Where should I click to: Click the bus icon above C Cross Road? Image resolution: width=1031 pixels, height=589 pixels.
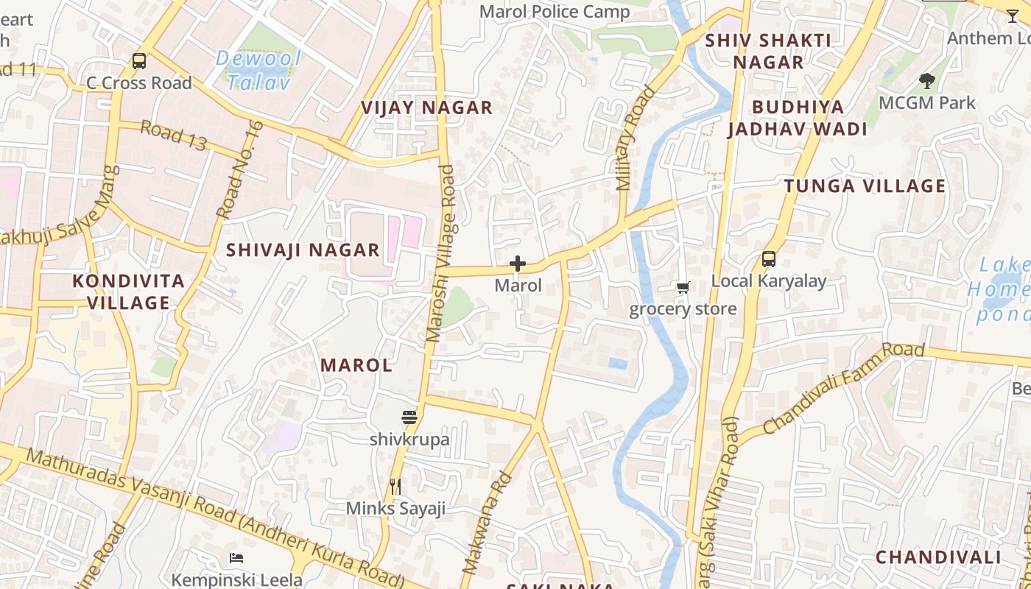point(139,61)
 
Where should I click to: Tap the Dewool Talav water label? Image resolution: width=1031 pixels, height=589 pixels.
point(259,71)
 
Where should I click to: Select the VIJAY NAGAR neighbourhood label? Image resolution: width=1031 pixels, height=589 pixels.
point(426,108)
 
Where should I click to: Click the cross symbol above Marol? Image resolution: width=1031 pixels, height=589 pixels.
point(518,264)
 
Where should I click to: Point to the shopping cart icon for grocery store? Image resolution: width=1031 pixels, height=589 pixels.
point(683,287)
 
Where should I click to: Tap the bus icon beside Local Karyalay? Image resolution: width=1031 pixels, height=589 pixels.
point(769,259)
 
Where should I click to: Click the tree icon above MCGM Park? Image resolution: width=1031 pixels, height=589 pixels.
point(927,81)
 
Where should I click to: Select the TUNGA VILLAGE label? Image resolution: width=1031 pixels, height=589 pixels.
point(865,186)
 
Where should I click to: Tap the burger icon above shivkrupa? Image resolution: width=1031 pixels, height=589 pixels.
point(409,417)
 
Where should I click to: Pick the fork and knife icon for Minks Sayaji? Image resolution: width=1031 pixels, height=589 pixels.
point(395,486)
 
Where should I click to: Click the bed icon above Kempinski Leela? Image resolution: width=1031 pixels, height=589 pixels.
point(236,557)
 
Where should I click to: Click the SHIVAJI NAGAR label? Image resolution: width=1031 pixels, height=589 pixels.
point(303,250)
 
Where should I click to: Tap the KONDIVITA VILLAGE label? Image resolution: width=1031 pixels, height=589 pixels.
point(128,292)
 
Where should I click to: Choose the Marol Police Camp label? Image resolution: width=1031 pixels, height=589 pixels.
point(555,12)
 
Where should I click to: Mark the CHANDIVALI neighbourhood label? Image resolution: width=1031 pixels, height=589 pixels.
point(937,557)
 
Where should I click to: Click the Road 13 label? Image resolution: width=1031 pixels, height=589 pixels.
point(173,136)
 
